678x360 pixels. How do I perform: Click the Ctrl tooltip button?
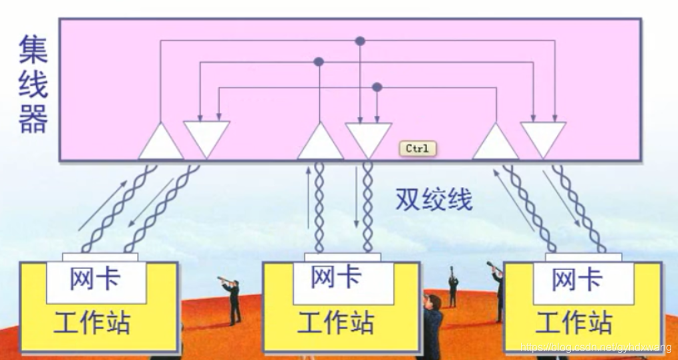point(417,148)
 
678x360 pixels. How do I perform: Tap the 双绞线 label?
point(434,198)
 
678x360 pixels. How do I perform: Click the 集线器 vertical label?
point(33,85)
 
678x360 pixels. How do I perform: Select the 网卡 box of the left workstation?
point(96,279)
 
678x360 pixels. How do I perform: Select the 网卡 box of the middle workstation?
point(336,277)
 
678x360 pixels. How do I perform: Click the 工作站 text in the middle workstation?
point(335,323)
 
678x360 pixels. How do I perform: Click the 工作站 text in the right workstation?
point(574,323)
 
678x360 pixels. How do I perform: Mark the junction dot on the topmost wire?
point(360,41)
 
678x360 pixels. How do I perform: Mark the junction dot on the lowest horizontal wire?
point(377,87)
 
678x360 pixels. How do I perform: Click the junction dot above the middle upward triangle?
point(319,61)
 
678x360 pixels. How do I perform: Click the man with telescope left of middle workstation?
point(232,300)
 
